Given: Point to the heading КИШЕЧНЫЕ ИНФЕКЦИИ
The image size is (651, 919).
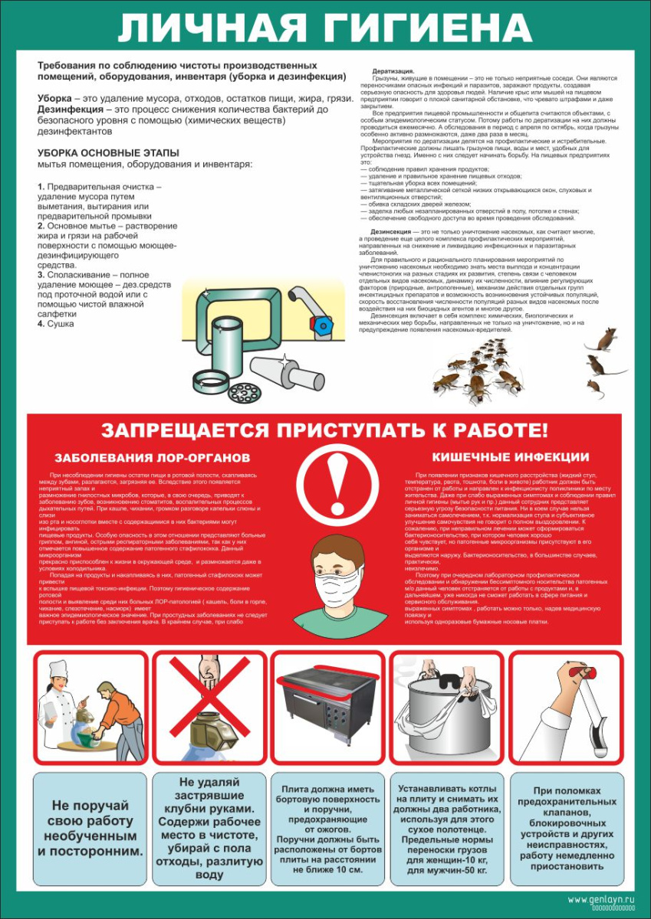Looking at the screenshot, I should (510, 457).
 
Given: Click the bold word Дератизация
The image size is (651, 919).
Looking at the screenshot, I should (393, 70).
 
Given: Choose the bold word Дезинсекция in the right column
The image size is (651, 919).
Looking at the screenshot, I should (393, 231).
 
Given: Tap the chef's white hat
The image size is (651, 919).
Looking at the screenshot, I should (59, 669).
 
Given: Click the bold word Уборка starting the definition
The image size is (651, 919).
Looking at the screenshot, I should (56, 100).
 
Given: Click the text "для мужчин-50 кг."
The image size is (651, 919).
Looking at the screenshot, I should (446, 871).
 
